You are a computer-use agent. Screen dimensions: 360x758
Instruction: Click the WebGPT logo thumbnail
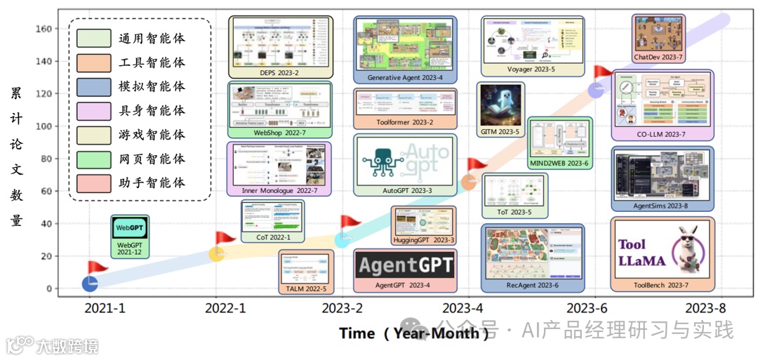click(130, 228)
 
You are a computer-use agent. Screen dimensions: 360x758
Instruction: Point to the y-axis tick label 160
click(44, 29)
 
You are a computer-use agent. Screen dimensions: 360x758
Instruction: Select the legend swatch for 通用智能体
click(94, 38)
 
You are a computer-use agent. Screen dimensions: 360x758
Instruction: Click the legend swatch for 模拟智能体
click(94, 86)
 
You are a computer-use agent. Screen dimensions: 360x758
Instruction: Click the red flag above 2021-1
click(96, 268)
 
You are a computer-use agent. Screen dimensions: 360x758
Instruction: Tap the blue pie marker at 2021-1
click(90, 284)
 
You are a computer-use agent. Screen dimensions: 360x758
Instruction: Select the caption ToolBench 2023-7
click(662, 285)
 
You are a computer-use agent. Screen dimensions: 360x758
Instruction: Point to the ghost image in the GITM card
click(500, 104)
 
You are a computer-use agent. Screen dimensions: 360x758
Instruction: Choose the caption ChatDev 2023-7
click(658, 57)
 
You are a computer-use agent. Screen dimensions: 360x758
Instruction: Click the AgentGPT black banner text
click(404, 265)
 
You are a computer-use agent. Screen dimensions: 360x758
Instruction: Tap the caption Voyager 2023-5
click(531, 69)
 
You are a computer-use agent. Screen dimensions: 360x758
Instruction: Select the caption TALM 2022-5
click(306, 288)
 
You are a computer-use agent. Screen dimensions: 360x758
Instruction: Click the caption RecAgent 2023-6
click(532, 285)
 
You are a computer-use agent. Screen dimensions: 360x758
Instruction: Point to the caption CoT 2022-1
click(272, 237)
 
